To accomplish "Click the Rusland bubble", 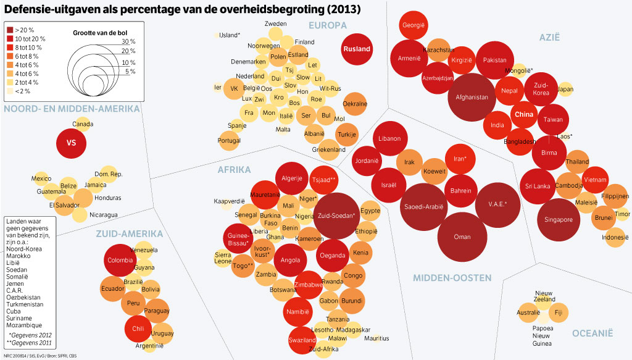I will pos(357,49).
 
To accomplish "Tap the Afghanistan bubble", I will pos(472,98).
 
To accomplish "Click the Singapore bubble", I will pos(559,220).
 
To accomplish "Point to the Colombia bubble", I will pos(120,260).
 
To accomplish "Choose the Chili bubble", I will pos(138,329).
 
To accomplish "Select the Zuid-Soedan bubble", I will pos(336,216).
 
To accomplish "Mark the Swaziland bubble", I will pos(302,340).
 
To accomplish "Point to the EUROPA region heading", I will pos(328,25).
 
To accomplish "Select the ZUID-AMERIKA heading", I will pos(129,234).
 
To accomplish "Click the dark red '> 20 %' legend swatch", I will pos(10,29).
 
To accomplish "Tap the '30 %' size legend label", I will pos(128,41).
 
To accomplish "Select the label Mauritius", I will pos(376,338).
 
